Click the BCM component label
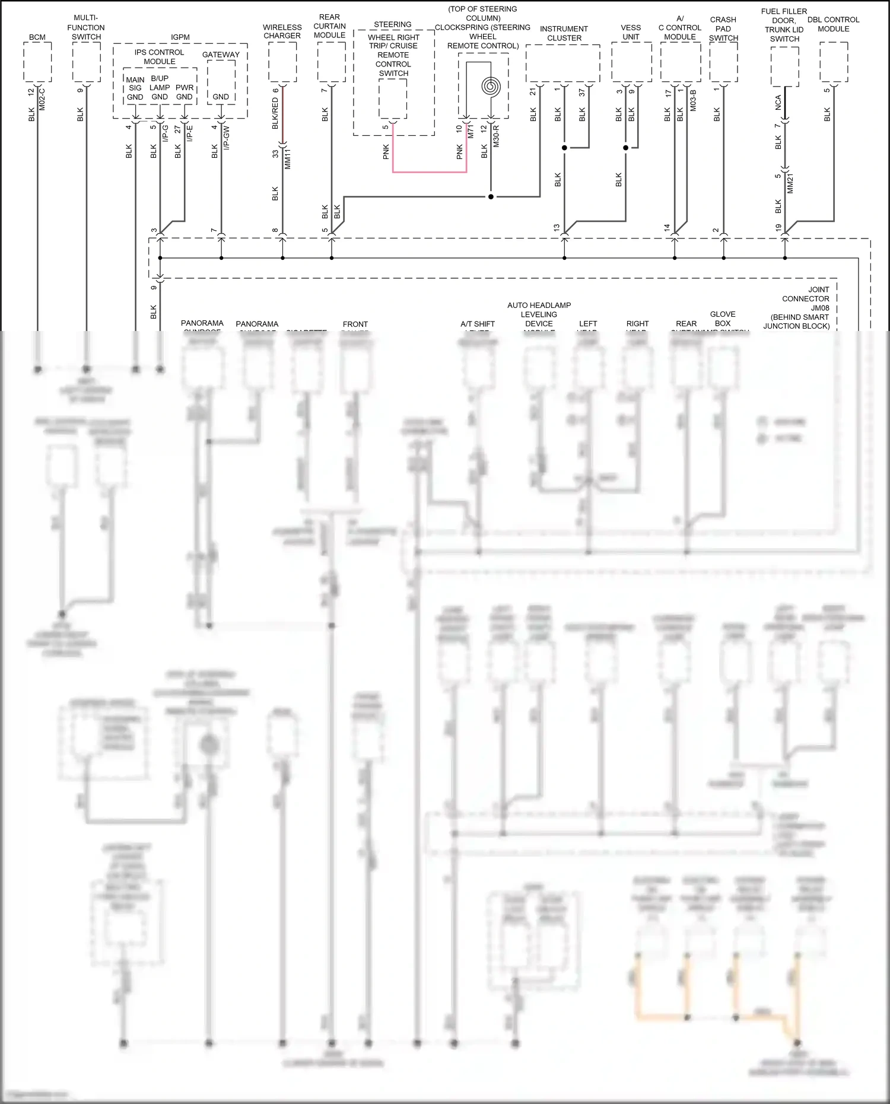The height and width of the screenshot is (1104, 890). pos(37,37)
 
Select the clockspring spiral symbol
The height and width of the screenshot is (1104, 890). pos(491,87)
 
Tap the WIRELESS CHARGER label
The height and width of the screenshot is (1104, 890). pos(282,31)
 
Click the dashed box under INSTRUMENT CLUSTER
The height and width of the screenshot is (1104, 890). pos(563,63)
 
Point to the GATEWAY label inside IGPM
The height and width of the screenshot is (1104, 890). pos(221,55)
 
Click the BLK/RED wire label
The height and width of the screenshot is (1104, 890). pos(275,113)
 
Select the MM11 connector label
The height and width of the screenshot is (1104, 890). pos(288,159)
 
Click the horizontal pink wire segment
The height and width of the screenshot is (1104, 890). pos(430,172)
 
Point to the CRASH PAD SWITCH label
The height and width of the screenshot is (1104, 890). pos(723,28)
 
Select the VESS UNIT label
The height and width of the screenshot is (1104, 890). pos(631,32)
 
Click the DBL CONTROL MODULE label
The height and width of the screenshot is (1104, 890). pos(833,24)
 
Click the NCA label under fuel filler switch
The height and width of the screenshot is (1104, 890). pos(778,103)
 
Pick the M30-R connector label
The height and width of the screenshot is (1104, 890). pos(496,135)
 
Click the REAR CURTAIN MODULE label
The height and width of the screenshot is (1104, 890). pos(329,26)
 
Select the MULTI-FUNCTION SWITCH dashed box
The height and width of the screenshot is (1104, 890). pos(86,62)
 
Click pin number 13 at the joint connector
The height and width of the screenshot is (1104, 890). pos(557,228)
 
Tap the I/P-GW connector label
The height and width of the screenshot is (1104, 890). pos(227,137)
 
